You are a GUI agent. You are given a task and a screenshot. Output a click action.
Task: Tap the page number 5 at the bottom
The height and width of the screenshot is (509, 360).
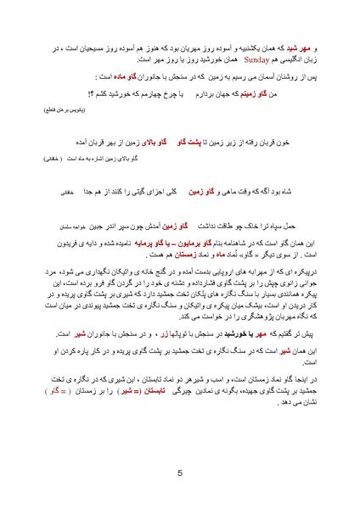(180, 473)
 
